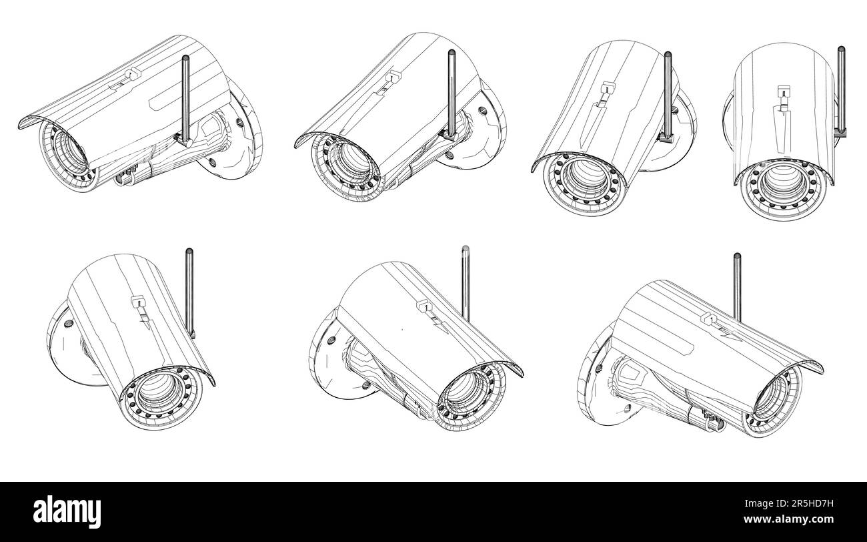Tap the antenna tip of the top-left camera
pyautogui.click(x=184, y=60)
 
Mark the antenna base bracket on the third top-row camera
pyautogui.click(x=666, y=136)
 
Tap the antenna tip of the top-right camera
pyautogui.click(x=841, y=48)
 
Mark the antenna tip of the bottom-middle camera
pyautogui.click(x=465, y=249)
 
